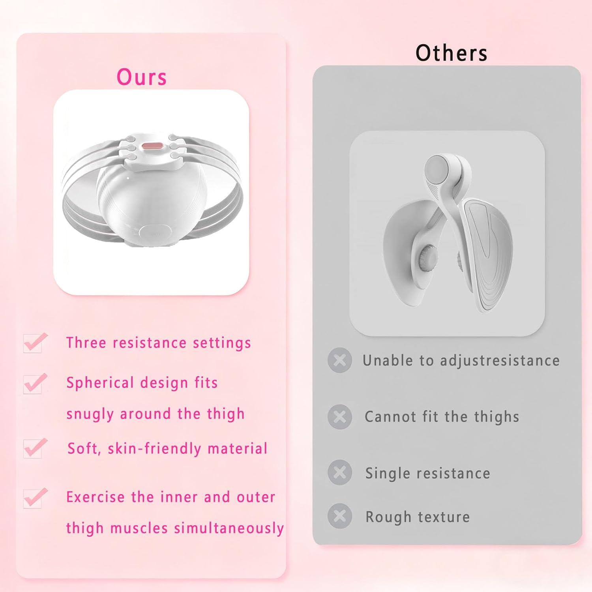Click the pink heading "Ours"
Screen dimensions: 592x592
(x=142, y=77)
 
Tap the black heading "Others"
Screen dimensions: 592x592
(x=451, y=53)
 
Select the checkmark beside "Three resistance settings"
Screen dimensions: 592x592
(x=35, y=343)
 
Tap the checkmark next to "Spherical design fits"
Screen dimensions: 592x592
(x=35, y=383)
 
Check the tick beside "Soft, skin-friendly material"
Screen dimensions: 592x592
(x=35, y=448)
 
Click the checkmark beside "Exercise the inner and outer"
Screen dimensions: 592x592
(x=35, y=497)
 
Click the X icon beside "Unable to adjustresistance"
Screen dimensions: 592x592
(x=339, y=360)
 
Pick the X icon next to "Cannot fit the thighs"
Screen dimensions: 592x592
(x=339, y=416)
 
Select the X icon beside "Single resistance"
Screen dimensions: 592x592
(x=339, y=472)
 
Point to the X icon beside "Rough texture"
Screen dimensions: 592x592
(x=339, y=516)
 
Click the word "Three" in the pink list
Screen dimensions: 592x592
(x=86, y=343)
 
